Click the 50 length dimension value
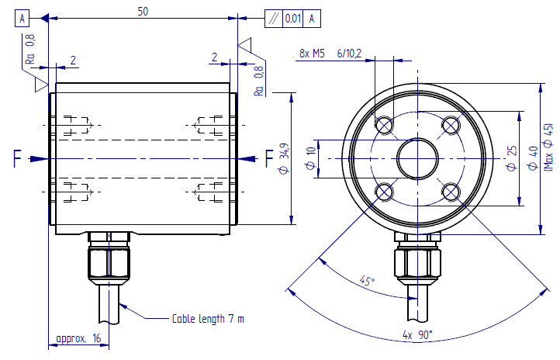[142, 11]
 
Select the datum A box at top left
[24, 18]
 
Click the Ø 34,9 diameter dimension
[304, 158]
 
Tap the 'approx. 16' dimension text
[79, 339]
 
